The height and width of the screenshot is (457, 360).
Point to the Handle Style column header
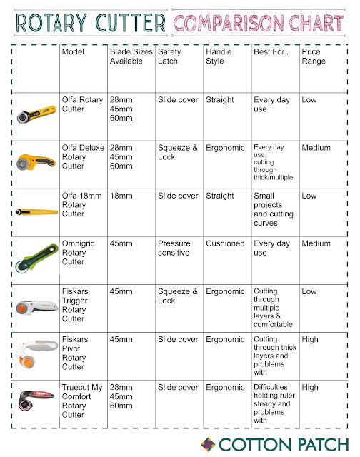click(218, 57)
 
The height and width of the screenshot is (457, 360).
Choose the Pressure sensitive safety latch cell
click(175, 248)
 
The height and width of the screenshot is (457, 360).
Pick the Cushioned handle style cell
click(225, 243)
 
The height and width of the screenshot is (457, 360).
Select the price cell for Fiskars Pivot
click(310, 339)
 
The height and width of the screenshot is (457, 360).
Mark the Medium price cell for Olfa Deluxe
click(316, 148)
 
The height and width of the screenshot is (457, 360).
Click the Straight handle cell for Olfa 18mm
click(219, 196)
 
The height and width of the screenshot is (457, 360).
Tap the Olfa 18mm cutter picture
click(36, 212)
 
